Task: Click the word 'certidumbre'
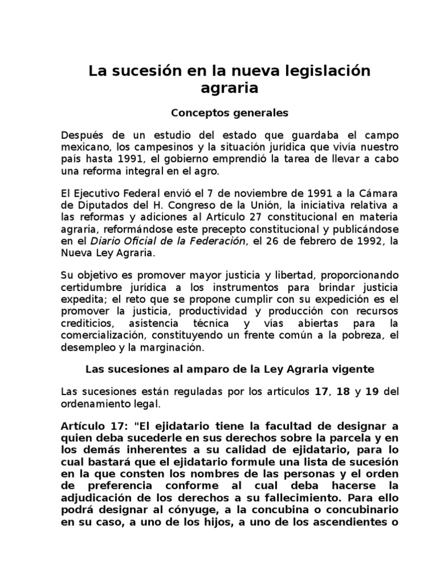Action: [x=90, y=288]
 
